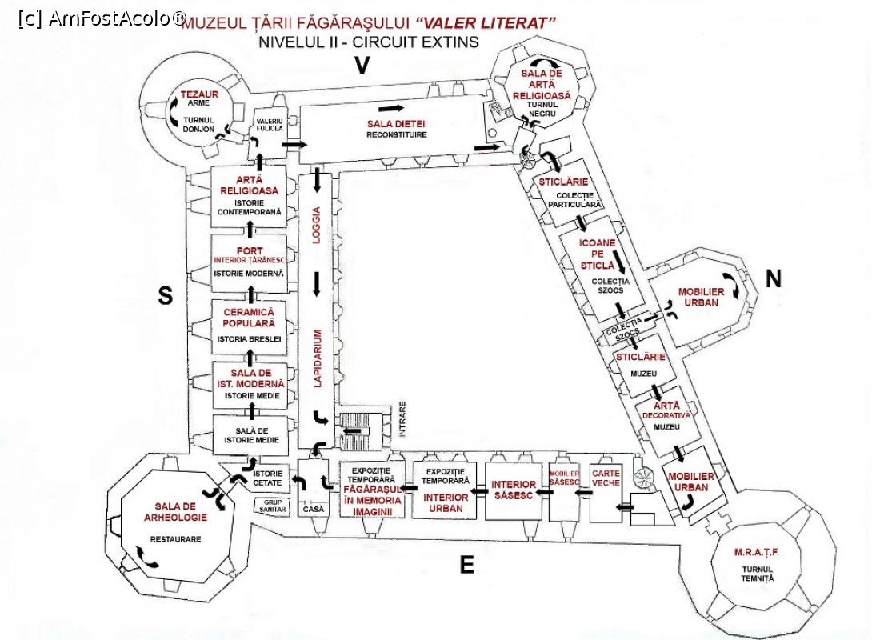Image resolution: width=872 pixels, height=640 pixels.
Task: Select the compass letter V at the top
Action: click(x=362, y=66)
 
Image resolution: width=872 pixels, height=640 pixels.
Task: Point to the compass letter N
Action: click(x=773, y=278)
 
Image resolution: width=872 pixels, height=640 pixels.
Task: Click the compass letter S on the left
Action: click(x=165, y=297)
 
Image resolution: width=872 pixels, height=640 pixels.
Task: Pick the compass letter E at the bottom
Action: click(x=466, y=566)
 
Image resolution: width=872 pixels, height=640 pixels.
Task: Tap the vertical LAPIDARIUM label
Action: click(x=317, y=358)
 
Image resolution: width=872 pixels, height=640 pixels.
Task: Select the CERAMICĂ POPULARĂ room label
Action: click(x=249, y=317)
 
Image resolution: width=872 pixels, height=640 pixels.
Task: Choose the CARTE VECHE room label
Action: click(x=606, y=478)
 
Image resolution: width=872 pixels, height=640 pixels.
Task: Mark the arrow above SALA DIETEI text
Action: click(x=391, y=106)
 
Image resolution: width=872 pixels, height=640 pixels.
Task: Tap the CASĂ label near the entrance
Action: click(x=312, y=509)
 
